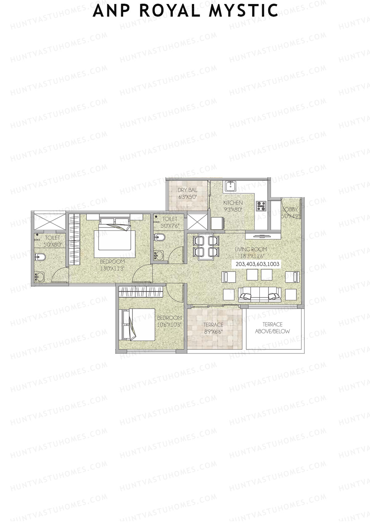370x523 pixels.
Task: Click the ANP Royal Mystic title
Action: pyautogui.click(x=185, y=10)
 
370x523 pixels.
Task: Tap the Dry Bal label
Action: pyautogui.click(x=187, y=190)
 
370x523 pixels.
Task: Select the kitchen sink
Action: pyautogui.click(x=230, y=186)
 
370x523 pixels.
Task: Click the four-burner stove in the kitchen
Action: pyautogui.click(x=261, y=206)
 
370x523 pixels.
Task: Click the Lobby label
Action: pyautogui.click(x=290, y=209)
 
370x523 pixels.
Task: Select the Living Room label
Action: pyautogui.click(x=251, y=249)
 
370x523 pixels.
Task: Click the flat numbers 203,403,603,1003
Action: pyautogui.click(x=257, y=264)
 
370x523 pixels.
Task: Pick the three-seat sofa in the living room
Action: pyautogui.click(x=260, y=294)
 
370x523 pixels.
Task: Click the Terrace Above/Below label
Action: pyautogui.click(x=272, y=328)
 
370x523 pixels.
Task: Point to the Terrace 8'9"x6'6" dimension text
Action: pyautogui.click(x=213, y=332)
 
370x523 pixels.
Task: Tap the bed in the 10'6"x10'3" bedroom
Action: pyautogui.click(x=137, y=325)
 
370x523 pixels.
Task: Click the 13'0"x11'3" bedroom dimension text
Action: pyautogui.click(x=112, y=268)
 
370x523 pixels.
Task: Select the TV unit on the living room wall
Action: pyautogui.click(x=263, y=236)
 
